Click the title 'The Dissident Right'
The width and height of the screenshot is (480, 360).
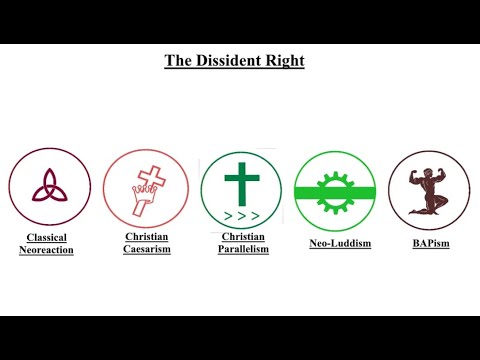[x=234, y=61]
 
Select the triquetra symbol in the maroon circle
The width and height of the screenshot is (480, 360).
[x=49, y=186]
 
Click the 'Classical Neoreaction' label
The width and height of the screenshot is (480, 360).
[x=46, y=243]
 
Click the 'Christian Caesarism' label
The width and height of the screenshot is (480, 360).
[x=147, y=243]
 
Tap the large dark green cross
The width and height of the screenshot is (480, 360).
[x=240, y=181]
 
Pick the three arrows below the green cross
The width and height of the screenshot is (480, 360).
[x=240, y=215]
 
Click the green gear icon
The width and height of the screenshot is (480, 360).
[x=335, y=191]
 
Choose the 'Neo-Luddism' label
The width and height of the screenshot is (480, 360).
[x=335, y=242]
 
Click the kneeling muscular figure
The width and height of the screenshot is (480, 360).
[x=428, y=189]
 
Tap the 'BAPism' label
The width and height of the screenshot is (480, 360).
[x=429, y=242]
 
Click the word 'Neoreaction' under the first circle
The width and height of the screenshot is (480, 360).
[x=46, y=249]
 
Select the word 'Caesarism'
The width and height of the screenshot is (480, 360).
[x=147, y=249]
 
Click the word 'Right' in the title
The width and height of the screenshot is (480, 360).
[x=287, y=61]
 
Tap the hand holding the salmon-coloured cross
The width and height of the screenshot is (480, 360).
[x=141, y=198]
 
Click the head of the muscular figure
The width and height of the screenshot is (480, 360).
[x=427, y=169]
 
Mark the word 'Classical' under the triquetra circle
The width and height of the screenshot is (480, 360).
[x=46, y=237]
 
